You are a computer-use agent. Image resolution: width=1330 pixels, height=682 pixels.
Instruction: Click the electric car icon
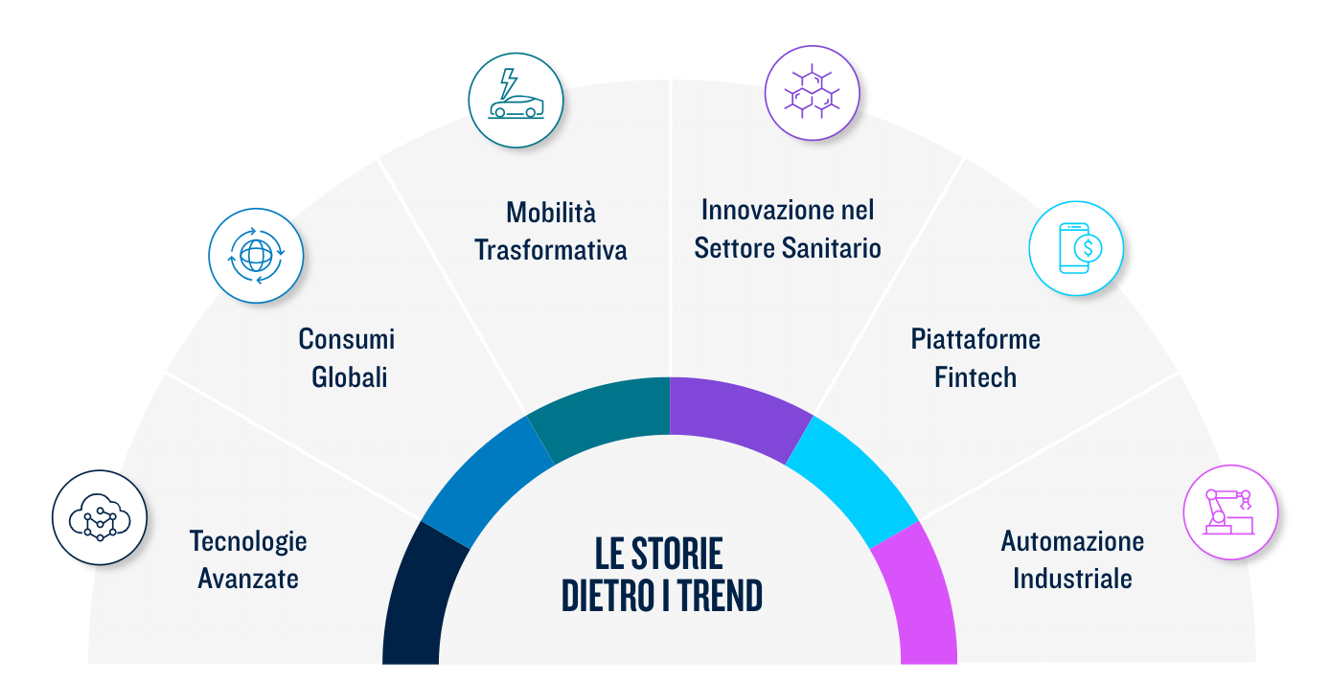click(x=516, y=100)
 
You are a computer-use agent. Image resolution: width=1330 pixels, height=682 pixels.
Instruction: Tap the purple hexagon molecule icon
click(x=812, y=93)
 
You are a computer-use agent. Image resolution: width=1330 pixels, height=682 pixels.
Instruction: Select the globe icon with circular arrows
click(x=256, y=256)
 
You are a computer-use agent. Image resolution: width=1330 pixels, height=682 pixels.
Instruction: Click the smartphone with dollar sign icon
click(x=1076, y=248)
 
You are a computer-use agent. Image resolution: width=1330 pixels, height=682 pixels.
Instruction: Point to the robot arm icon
click(x=1230, y=512)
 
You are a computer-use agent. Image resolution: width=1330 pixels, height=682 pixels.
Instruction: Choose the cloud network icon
click(x=99, y=517)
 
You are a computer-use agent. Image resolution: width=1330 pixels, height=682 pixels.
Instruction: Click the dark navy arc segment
click(x=421, y=594)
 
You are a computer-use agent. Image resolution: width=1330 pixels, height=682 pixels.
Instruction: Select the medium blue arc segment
click(x=487, y=481)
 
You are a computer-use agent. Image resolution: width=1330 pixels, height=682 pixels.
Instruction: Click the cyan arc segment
click(x=852, y=481)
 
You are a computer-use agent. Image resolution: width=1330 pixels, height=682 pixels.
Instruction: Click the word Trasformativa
click(x=550, y=250)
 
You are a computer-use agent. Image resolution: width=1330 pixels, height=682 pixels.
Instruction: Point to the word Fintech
click(x=975, y=377)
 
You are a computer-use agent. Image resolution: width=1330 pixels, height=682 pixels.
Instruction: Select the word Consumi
click(x=347, y=339)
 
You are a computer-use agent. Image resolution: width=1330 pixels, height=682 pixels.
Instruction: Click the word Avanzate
click(x=248, y=579)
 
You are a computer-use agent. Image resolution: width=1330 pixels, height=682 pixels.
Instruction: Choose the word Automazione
click(x=1072, y=541)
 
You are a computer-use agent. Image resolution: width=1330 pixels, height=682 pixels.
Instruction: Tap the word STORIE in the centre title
click(x=676, y=554)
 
